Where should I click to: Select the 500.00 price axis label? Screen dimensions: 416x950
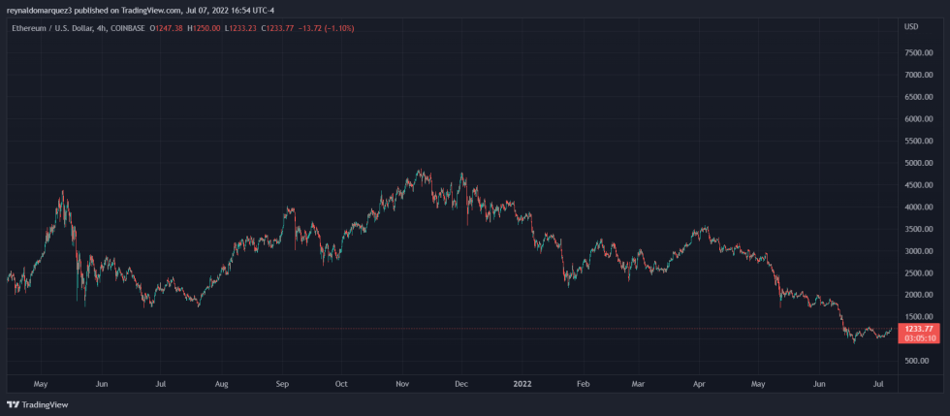click(917, 361)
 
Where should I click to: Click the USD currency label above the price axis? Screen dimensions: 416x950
click(910, 26)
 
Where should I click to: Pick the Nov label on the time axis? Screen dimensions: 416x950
click(402, 384)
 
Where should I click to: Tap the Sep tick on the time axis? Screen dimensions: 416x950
click(281, 384)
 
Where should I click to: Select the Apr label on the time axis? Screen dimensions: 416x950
click(699, 384)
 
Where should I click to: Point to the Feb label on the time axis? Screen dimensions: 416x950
click(583, 384)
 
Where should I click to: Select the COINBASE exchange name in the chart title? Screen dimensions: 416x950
click(124, 28)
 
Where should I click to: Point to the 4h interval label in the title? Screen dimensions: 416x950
click(96, 28)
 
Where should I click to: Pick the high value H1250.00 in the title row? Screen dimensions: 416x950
click(203, 28)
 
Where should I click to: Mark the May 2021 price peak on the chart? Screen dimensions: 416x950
click(63, 194)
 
